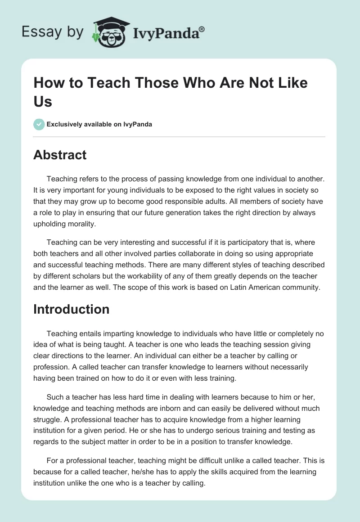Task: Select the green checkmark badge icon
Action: [x=39, y=124]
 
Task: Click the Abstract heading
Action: [x=60, y=155]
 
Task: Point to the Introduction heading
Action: [x=71, y=309]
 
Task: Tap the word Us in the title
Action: [x=43, y=101]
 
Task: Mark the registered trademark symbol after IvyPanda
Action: [x=202, y=29]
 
